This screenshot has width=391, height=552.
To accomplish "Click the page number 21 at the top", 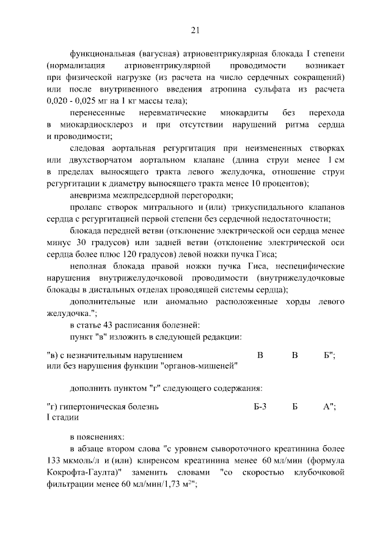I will [x=195, y=30].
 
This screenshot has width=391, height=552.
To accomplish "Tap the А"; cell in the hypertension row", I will [x=329, y=406].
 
